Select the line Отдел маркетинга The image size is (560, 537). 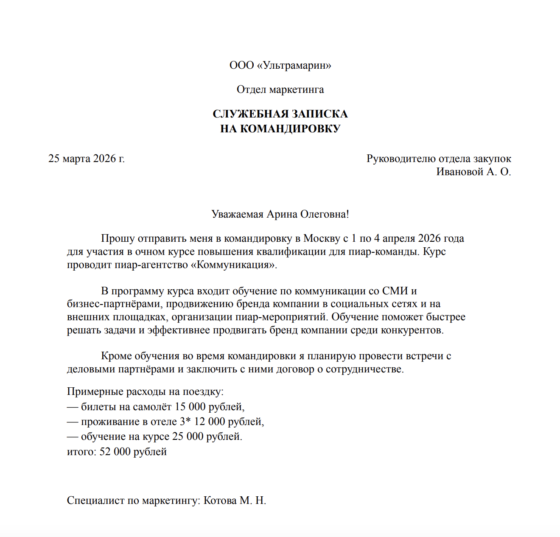point(280,89)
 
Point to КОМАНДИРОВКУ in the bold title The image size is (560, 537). point(290,129)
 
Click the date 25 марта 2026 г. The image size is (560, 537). point(87,159)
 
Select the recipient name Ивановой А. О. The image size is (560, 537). point(473,172)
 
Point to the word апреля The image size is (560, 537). point(399,238)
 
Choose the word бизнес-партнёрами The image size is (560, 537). point(114,304)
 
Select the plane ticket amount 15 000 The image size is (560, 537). point(190,407)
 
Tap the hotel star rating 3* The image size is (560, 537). point(185,422)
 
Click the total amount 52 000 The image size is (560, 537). point(115,452)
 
